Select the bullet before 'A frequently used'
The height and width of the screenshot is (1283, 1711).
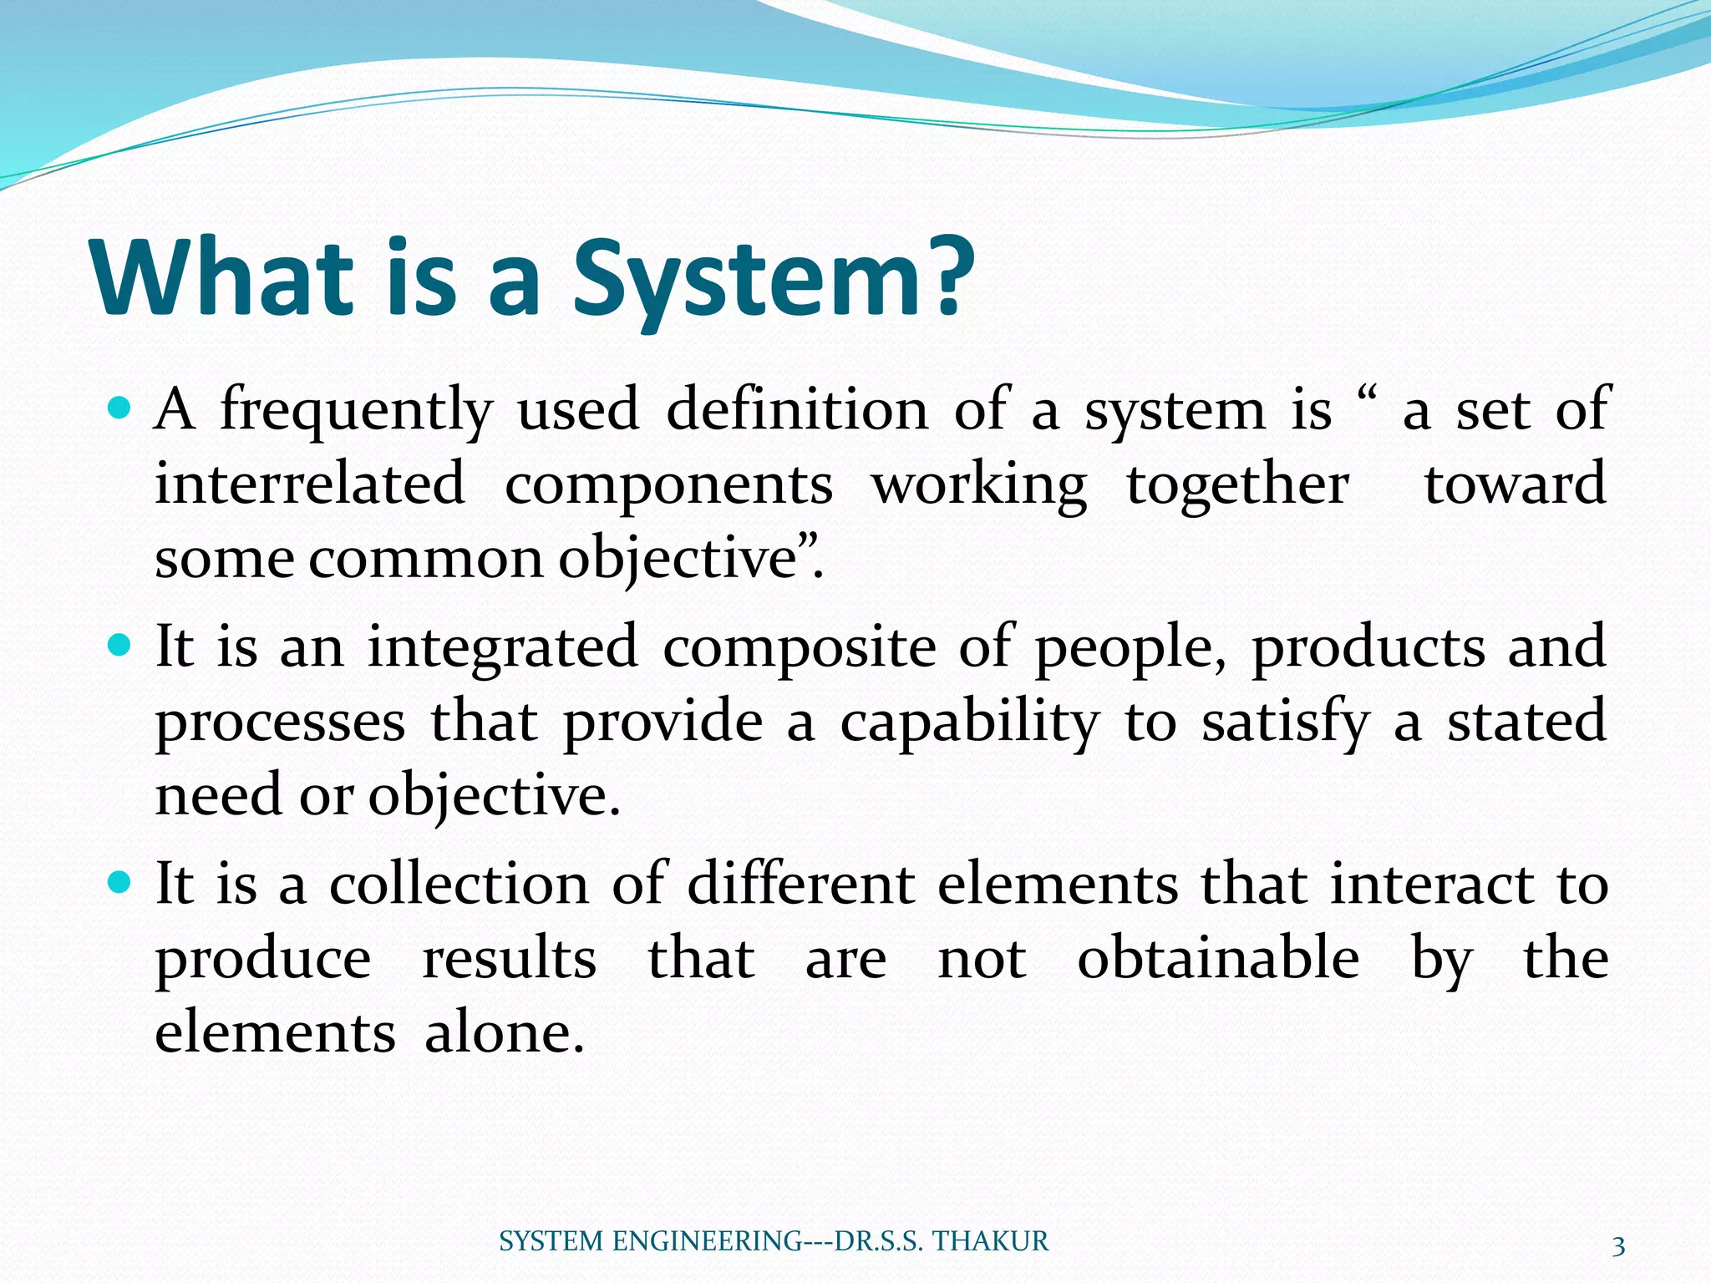(120, 408)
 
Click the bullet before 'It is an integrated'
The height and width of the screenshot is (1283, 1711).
(120, 646)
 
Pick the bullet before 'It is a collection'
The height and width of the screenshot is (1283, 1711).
(120, 883)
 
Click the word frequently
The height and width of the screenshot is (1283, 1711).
(356, 412)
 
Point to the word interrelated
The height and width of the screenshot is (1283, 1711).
(309, 484)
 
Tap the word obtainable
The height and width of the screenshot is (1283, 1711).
(1217, 958)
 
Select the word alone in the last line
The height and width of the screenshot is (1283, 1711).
(504, 1032)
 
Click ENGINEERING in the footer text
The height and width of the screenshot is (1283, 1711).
(707, 1241)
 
